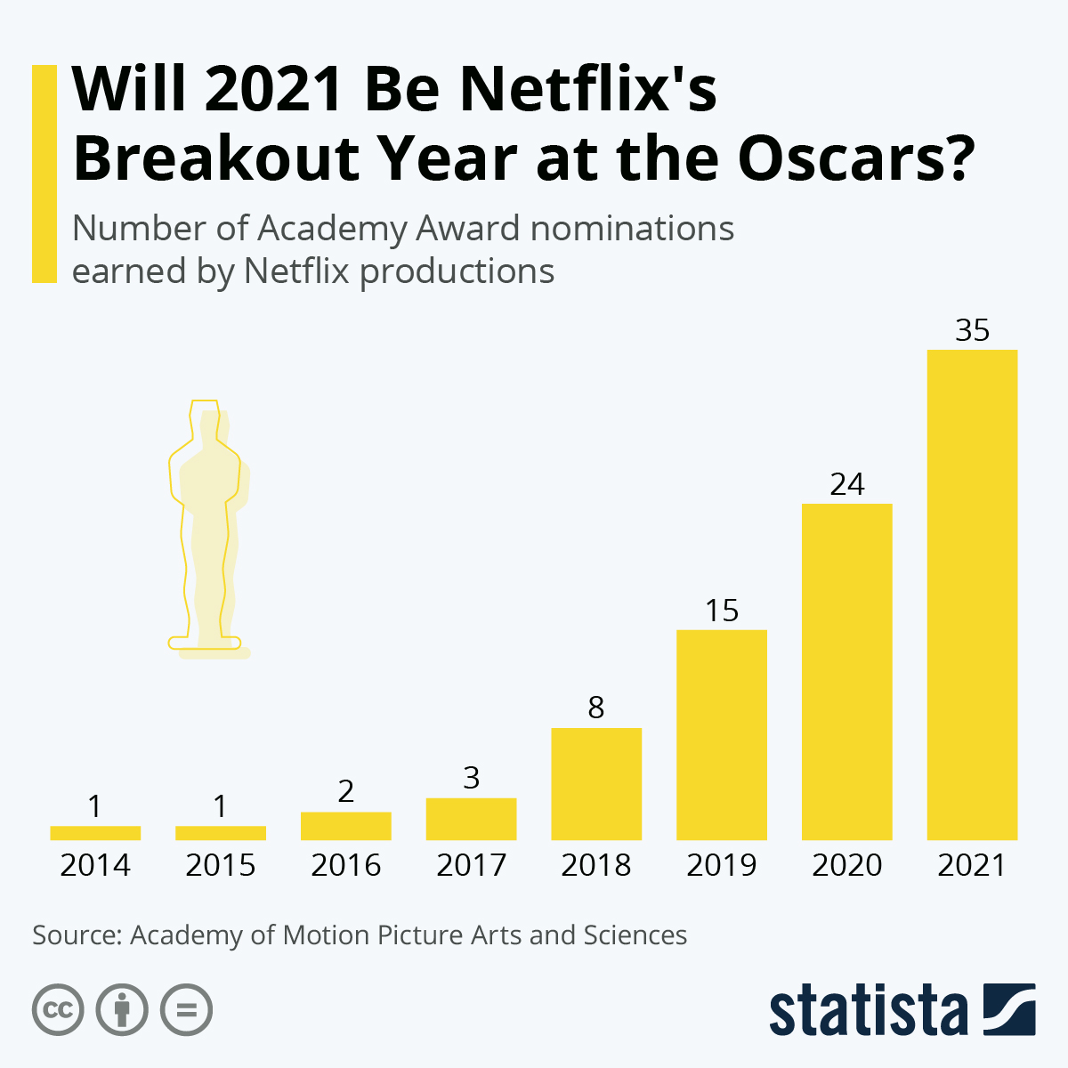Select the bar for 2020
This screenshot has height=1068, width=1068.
846,672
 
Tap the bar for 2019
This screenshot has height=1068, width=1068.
722,735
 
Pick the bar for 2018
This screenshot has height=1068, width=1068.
596,784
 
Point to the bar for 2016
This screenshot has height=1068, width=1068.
346,826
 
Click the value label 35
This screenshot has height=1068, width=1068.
972,330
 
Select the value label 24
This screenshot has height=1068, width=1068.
846,484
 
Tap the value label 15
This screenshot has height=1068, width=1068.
722,611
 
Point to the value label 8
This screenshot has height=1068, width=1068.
596,708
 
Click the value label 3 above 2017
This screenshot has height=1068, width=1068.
471,778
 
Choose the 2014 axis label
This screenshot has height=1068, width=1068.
95,865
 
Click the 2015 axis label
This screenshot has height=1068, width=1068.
221,865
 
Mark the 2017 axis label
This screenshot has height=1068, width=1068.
471,865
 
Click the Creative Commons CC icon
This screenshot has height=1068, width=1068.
58,1010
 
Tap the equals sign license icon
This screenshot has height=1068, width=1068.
186,1010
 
